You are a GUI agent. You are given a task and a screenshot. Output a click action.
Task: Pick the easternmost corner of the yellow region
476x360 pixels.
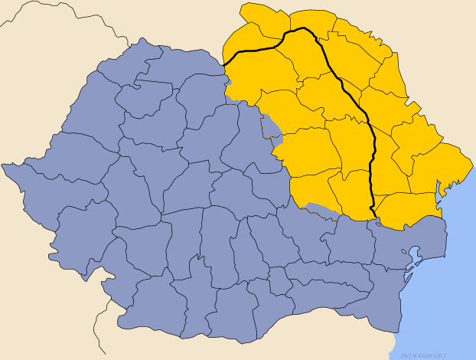(x=471, y=161)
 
